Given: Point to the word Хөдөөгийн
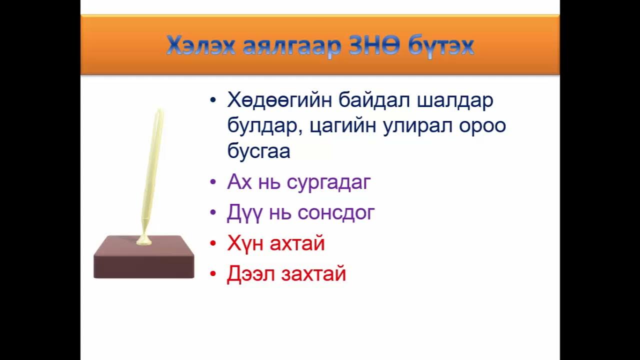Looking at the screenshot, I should pyautogui.click(x=279, y=100).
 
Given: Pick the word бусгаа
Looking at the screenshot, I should pyautogui.click(x=258, y=151).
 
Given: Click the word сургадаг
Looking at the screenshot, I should pyautogui.click(x=328, y=182).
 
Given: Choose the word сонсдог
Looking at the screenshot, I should pyautogui.click(x=336, y=213).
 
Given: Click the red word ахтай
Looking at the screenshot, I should pyautogui.click(x=297, y=243).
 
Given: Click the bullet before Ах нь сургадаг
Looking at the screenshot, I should pyautogui.click(x=213, y=183).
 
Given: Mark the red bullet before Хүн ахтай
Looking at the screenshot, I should pyautogui.click(x=213, y=244).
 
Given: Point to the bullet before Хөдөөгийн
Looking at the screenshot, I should pyautogui.click(x=213, y=100).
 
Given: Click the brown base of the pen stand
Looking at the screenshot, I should pyautogui.click(x=144, y=260).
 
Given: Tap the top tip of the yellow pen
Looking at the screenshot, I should pyautogui.click(x=159, y=111).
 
